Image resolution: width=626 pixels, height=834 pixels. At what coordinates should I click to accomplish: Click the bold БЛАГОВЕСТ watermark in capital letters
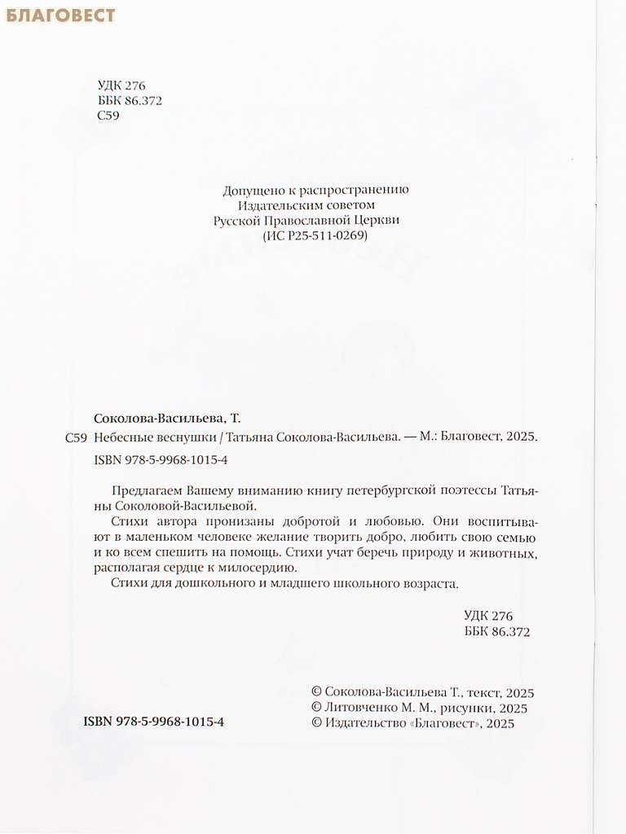coord(61,15)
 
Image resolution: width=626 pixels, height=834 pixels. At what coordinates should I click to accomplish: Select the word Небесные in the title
coord(121,437)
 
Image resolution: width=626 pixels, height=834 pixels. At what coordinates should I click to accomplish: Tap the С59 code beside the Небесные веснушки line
coord(74,437)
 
